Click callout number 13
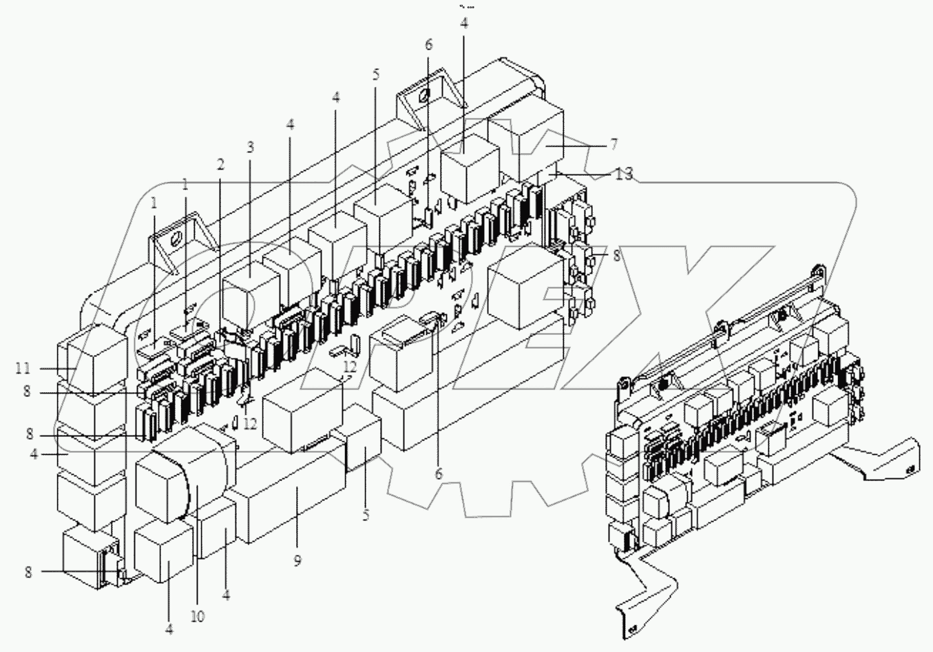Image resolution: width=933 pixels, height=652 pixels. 623,174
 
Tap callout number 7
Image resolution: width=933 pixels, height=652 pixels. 614,144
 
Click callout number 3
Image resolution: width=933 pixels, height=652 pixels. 251,147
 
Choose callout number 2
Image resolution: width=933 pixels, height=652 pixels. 220,165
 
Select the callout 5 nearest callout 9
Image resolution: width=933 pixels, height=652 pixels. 366,515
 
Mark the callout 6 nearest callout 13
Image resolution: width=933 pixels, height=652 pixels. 429,45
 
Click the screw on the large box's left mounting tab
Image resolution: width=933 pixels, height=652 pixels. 176,241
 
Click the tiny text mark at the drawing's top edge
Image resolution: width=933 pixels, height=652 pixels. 466,7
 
